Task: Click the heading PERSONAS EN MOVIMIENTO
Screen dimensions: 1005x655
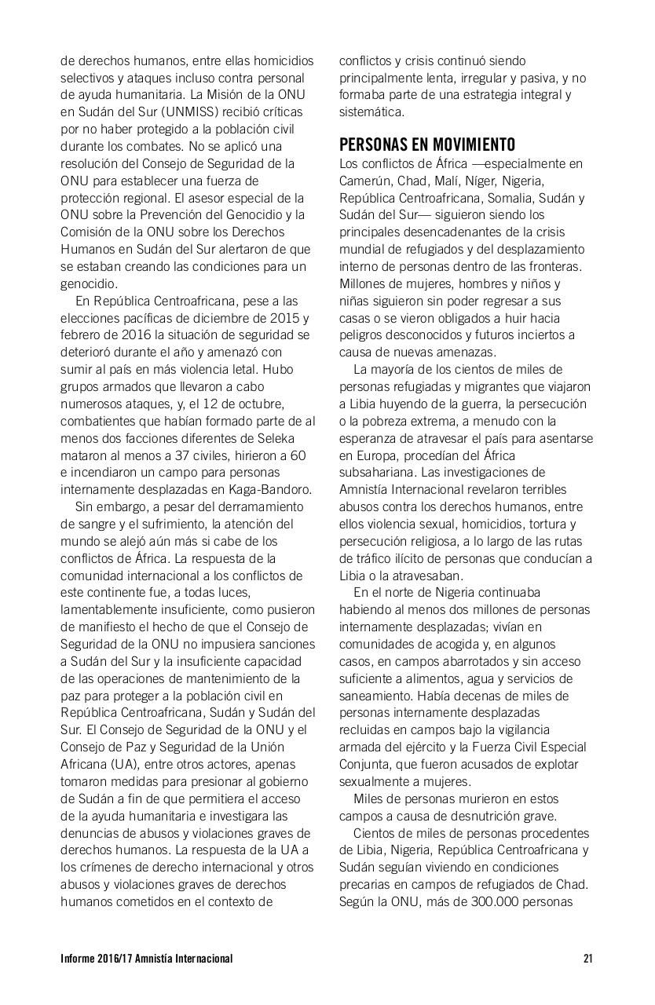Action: [427, 145]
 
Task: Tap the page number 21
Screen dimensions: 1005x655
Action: [588, 959]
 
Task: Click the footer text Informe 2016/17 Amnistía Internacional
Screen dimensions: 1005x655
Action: [146, 959]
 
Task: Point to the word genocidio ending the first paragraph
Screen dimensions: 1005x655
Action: [89, 283]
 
